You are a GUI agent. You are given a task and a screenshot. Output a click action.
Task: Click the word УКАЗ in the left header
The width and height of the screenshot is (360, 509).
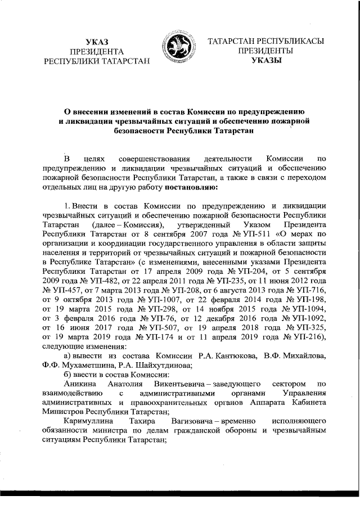click(97, 42)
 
